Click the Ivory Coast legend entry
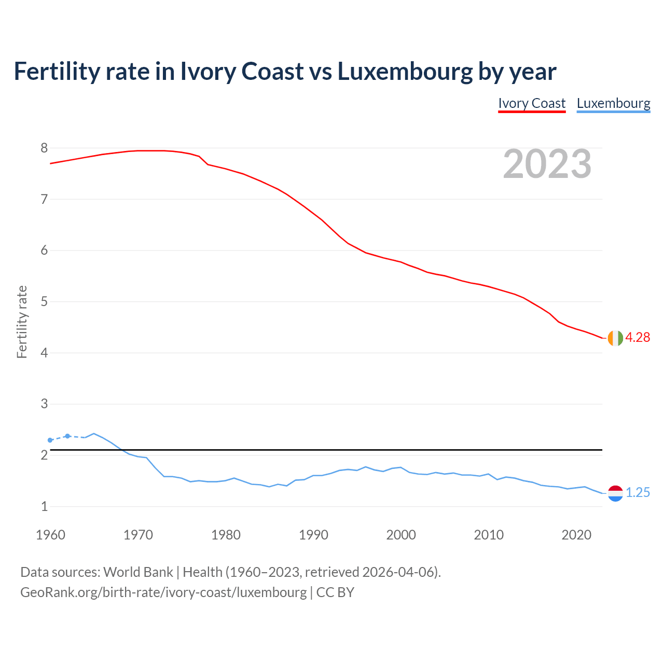(x=532, y=103)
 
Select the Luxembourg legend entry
(x=613, y=103)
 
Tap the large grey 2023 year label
(x=547, y=164)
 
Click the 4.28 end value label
(x=638, y=337)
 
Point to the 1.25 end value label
(x=638, y=492)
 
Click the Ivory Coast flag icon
(x=615, y=338)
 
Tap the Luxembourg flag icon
(x=615, y=493)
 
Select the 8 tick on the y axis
(x=44, y=148)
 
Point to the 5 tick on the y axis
(x=44, y=302)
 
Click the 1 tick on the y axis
(x=44, y=507)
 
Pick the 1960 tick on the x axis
(x=50, y=535)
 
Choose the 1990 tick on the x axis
(x=313, y=535)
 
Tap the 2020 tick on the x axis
(x=576, y=535)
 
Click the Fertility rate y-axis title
(x=22, y=322)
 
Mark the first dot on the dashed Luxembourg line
(x=50, y=440)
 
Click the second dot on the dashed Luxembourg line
(x=67, y=436)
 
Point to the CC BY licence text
(x=335, y=592)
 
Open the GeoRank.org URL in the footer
(x=163, y=592)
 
